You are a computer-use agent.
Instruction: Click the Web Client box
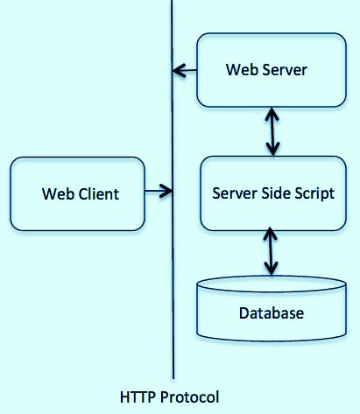coord(77,193)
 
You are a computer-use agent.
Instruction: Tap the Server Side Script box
coord(273,193)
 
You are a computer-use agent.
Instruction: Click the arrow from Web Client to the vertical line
coord(158,189)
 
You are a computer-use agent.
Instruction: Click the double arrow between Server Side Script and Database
coord(272,251)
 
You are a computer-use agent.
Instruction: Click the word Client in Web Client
coord(95,193)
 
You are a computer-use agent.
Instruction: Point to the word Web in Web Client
coord(56,193)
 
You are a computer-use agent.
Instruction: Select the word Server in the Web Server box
coord(285,70)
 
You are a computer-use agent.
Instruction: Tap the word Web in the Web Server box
coord(241,70)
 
